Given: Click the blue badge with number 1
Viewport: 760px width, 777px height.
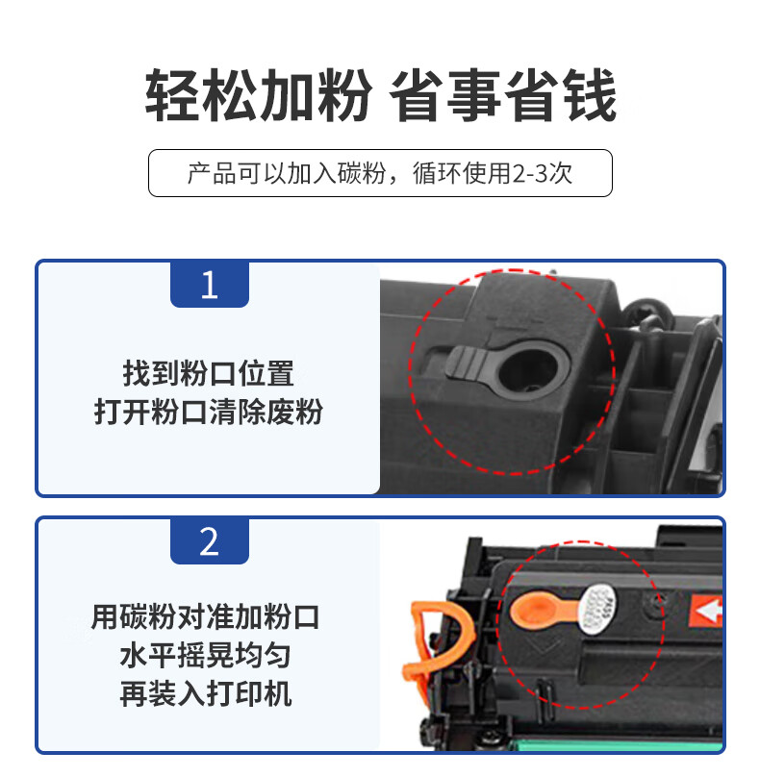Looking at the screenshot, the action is [x=209, y=285].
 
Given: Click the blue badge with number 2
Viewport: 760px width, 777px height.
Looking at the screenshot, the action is [x=209, y=541].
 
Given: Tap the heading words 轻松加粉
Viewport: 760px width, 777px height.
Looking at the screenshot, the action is [x=258, y=95].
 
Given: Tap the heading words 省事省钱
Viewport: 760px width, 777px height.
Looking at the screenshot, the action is [x=503, y=95].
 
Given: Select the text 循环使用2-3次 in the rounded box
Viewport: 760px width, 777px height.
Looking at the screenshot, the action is [x=493, y=173].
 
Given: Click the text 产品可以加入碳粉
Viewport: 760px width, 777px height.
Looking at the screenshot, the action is [x=287, y=173].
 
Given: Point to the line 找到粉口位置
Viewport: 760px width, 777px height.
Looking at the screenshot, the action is [x=208, y=373].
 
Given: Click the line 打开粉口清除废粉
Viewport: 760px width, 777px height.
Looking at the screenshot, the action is [x=208, y=412].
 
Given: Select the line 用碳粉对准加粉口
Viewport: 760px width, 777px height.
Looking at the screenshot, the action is [x=205, y=617].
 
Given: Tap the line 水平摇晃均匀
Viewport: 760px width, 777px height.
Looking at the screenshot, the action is [x=205, y=655].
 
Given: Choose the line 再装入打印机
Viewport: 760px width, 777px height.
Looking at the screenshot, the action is [x=205, y=693].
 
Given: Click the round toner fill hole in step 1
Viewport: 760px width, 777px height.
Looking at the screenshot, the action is [x=528, y=369].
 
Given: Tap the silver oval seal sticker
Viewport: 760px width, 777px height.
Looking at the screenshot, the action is [x=599, y=609].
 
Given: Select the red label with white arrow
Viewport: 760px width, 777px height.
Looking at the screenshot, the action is [x=705, y=611].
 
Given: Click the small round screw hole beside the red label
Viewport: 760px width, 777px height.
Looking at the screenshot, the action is [x=657, y=604].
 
